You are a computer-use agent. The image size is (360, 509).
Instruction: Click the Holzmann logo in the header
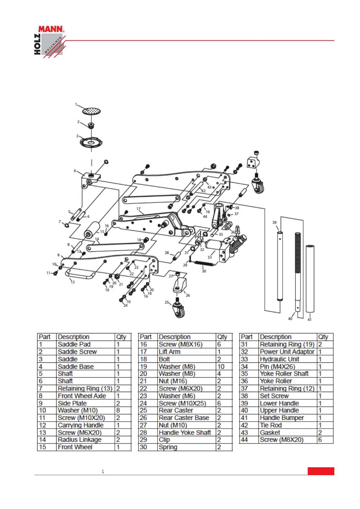pyautogui.click(x=49, y=41)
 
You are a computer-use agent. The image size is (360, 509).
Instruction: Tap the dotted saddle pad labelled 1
pyautogui.click(x=91, y=111)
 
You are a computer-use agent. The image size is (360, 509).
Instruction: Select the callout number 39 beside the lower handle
pyautogui.click(x=274, y=222)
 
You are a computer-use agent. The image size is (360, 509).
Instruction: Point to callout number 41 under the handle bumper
pyautogui.click(x=310, y=319)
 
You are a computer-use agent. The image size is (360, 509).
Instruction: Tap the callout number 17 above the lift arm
pyautogui.click(x=138, y=209)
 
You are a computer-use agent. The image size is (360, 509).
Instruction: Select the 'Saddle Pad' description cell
pyautogui.click(x=74, y=344)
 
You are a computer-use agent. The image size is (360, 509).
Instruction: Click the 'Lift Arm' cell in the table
pyautogui.click(x=170, y=352)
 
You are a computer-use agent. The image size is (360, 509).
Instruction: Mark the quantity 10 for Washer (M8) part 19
pyautogui.click(x=221, y=367)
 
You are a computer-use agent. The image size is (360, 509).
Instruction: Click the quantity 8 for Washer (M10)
pyautogui.click(x=118, y=410)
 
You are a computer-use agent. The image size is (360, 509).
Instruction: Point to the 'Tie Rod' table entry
pyautogui.click(x=271, y=425)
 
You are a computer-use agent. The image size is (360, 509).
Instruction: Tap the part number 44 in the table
pyautogui.click(x=245, y=440)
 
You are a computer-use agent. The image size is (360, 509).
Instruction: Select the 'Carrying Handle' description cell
pyautogui.click(x=81, y=425)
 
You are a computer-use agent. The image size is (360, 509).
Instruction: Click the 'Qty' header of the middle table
pyautogui.click(x=222, y=337)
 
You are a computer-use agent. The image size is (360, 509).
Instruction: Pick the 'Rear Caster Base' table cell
pyautogui.click(x=184, y=418)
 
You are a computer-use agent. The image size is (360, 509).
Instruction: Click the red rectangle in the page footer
pyautogui.click(x=321, y=471)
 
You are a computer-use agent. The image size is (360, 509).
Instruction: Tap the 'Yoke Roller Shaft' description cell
pyautogui.click(x=284, y=374)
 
